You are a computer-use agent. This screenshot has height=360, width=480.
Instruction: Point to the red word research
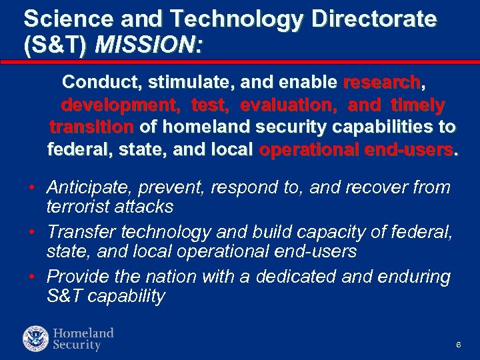382,83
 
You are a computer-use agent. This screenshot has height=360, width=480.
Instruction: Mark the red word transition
91,127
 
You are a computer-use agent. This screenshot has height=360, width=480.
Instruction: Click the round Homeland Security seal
35,339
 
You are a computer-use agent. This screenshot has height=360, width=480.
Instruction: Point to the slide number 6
459,345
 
